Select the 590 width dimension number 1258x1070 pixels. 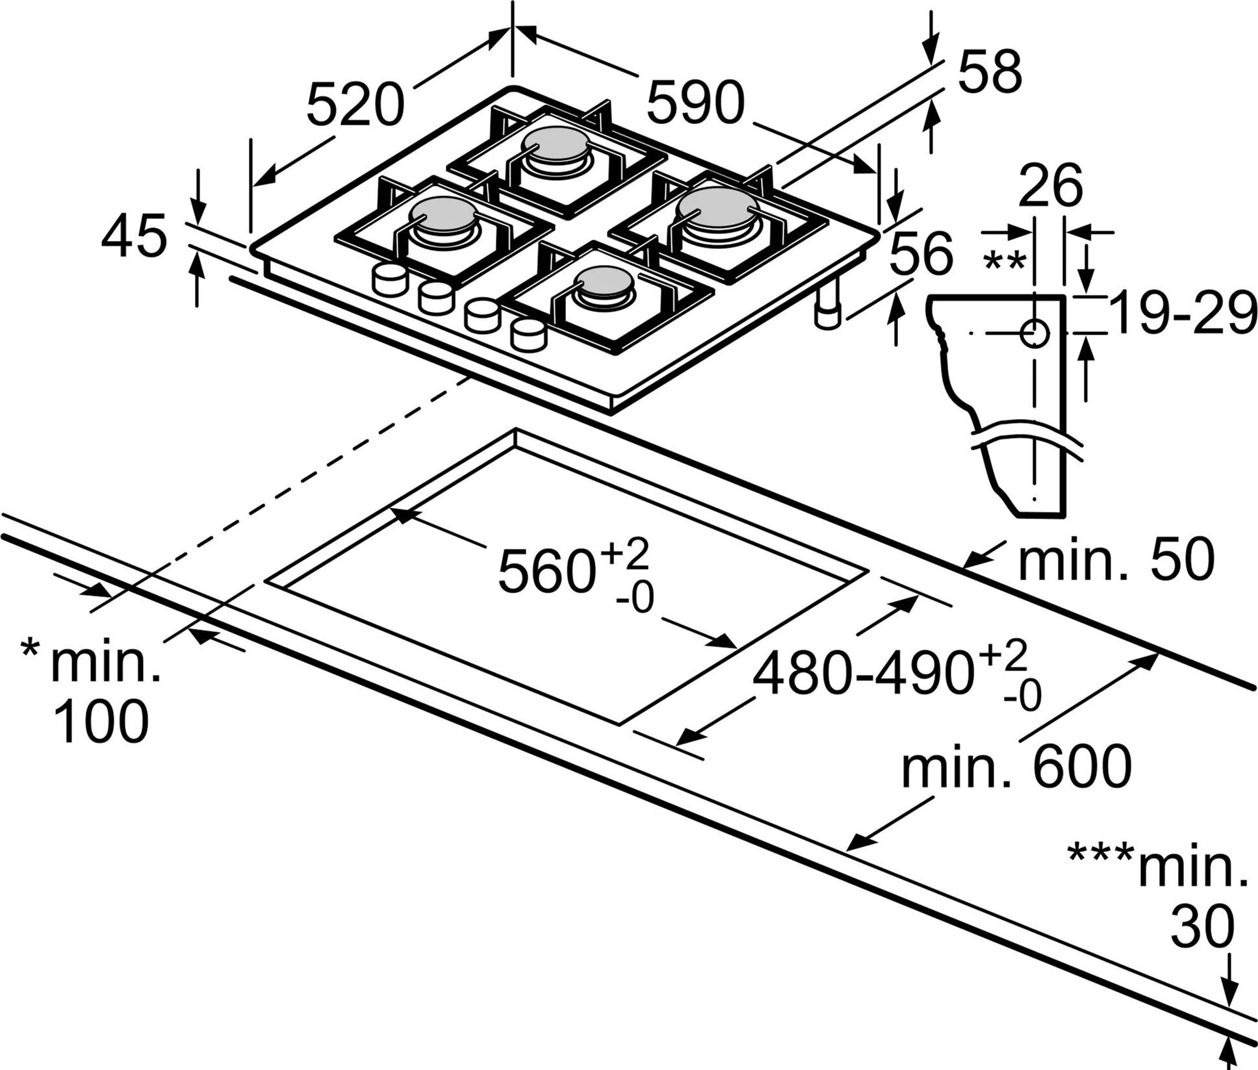[696, 102]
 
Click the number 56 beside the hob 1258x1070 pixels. [920, 253]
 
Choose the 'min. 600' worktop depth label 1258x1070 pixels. [1016, 767]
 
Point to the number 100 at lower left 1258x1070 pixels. [102, 721]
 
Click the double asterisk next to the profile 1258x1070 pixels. [1005, 261]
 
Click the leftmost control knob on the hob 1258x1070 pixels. [388, 281]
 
